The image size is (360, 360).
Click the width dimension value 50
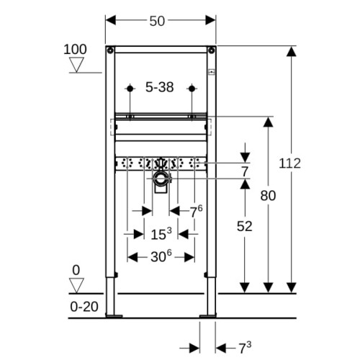point(157,21)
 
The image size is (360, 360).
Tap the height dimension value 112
point(289,163)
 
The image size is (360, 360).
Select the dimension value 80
point(268,196)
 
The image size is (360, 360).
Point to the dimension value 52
point(245,226)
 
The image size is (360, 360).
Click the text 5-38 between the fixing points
point(160,87)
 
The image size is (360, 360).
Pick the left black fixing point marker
point(130,89)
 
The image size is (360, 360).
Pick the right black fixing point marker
point(192,89)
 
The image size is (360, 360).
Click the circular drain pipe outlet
point(161,179)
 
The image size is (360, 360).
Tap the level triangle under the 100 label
point(76,64)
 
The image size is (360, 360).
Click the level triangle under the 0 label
point(76,285)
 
